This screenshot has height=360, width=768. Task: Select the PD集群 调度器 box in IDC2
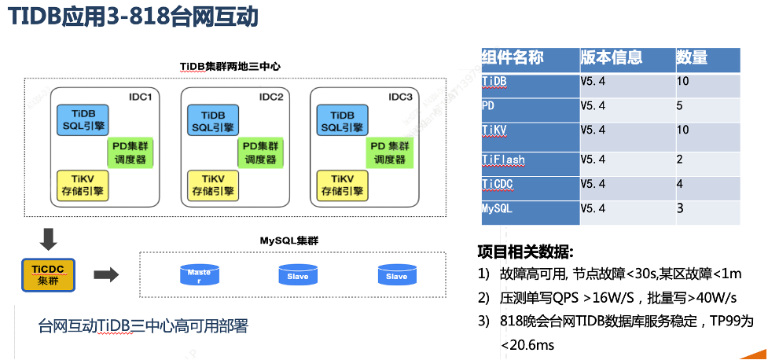click(x=260, y=152)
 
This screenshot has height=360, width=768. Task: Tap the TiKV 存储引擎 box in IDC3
click(x=340, y=185)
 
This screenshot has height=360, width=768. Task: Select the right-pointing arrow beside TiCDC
click(x=105, y=274)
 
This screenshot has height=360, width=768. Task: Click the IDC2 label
click(x=270, y=97)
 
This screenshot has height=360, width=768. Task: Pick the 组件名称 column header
click(x=512, y=57)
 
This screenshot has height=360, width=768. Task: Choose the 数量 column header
click(x=692, y=57)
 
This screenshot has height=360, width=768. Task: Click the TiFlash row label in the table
click(x=503, y=160)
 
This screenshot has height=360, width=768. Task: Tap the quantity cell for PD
click(x=681, y=105)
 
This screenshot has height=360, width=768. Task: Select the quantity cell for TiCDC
click(x=681, y=184)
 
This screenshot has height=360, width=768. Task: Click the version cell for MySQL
click(x=593, y=209)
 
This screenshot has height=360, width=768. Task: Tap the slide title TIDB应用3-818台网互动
click(x=133, y=17)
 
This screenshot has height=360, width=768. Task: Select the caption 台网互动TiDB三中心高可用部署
click(x=143, y=325)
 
